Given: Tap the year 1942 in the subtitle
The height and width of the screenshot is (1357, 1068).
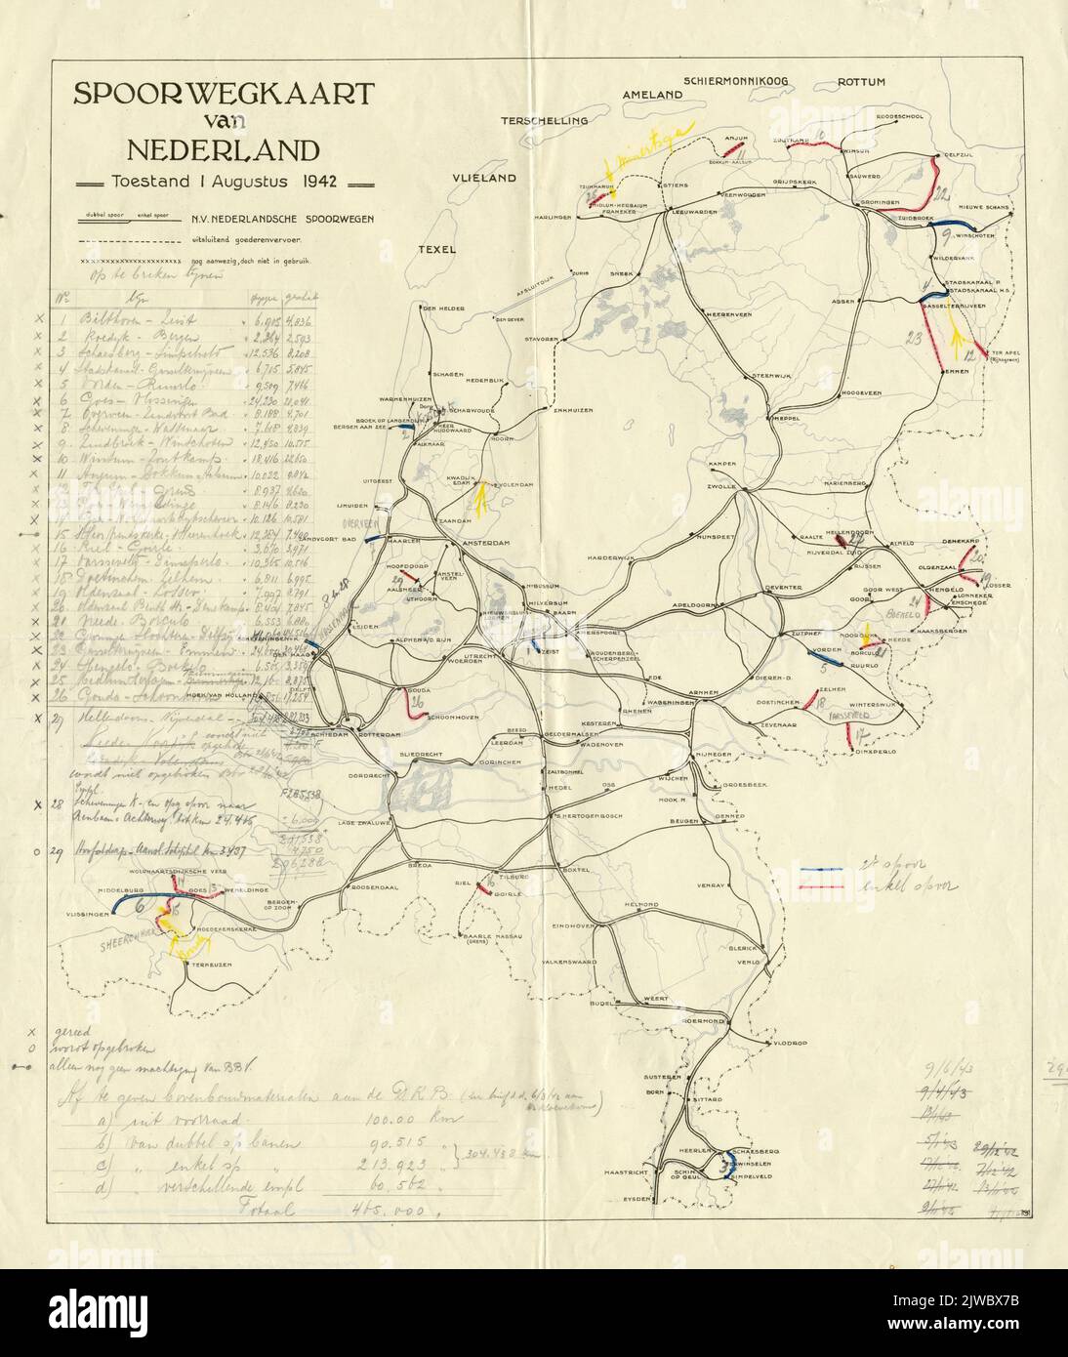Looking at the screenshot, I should coord(326,181).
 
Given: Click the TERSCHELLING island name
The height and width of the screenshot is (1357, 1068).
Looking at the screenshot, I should coord(545,121).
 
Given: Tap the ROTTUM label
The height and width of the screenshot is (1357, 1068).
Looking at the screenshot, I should coord(862,82).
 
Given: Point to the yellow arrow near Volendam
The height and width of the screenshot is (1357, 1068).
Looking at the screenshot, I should coord(480,499).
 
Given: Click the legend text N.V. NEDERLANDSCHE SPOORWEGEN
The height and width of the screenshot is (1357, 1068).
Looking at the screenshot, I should coord(275,221).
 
